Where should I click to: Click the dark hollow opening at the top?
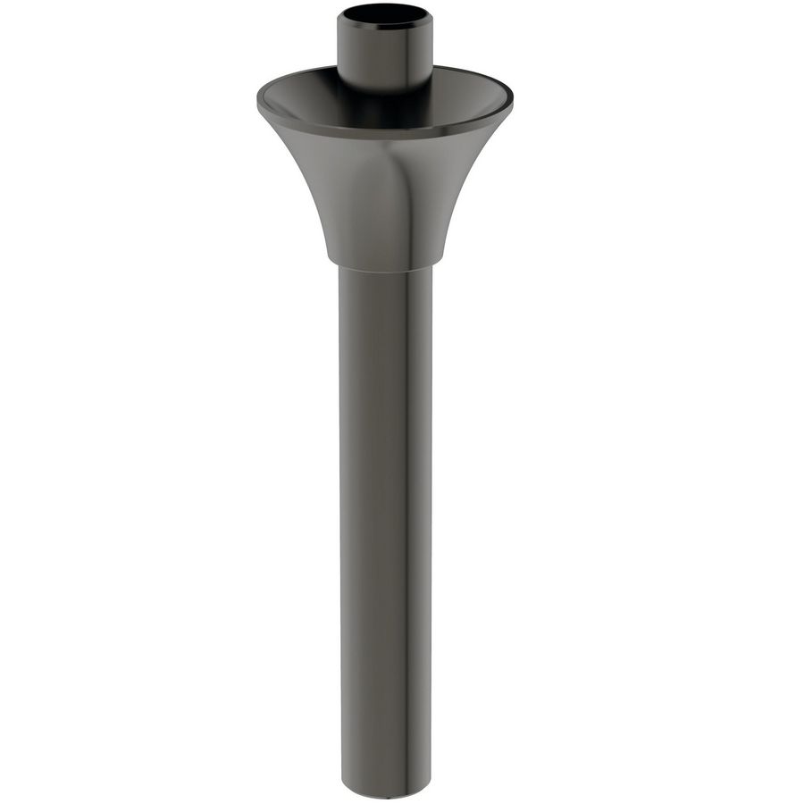pyautogui.click(x=384, y=17)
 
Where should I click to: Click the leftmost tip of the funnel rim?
pyautogui.click(x=258, y=99)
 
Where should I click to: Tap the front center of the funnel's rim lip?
pyautogui.click(x=384, y=133)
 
